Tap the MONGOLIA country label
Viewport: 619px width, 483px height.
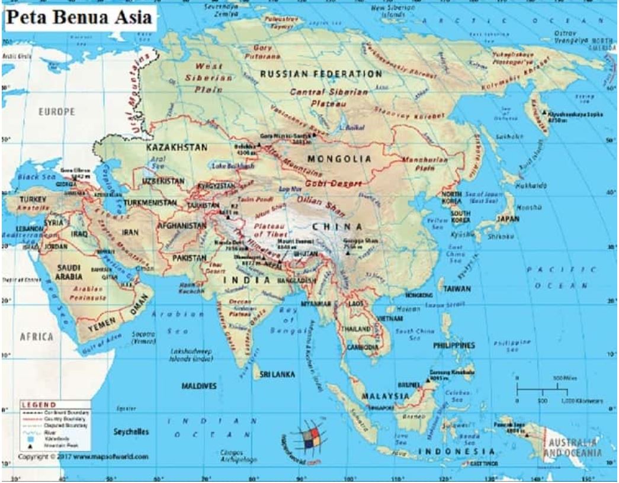point(339,159)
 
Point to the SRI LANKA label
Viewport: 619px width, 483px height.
point(277,375)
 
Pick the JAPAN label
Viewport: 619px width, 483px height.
point(507,218)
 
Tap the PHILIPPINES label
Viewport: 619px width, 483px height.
point(454,345)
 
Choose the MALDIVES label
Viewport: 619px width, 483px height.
point(199,386)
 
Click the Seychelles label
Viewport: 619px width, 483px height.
point(131,432)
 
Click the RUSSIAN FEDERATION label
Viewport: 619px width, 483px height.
point(321,74)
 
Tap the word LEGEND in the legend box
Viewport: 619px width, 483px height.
point(39,404)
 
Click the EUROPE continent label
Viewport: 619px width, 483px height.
point(56,111)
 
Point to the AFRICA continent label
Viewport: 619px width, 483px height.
point(37,336)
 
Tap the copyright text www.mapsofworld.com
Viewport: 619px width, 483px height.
point(83,457)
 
